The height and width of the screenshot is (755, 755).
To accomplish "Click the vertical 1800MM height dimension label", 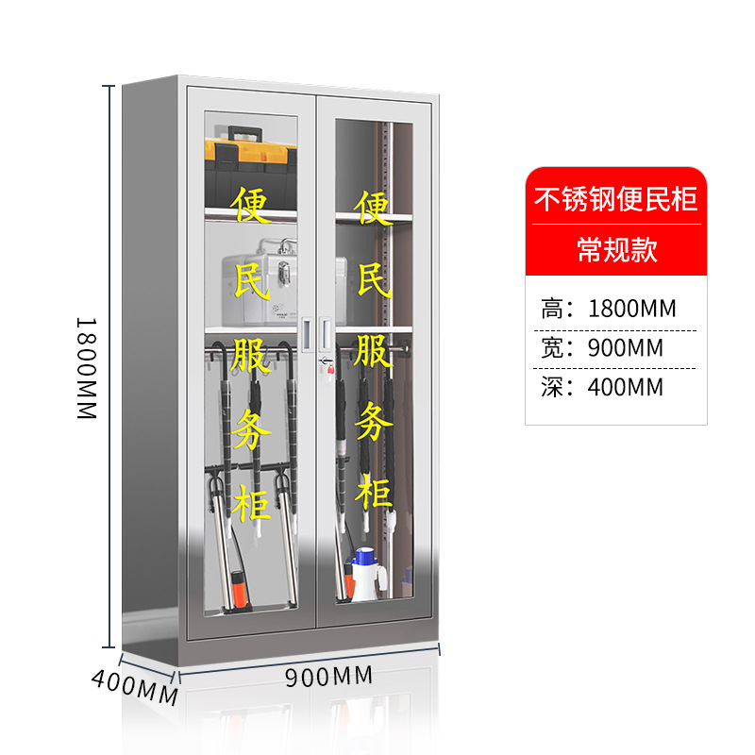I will pos(87,367).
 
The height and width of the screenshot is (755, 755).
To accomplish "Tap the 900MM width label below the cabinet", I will pos(328,676).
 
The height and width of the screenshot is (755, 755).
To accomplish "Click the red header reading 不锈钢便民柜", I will pos(615,200).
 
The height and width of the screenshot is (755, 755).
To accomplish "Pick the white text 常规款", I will pos(616,250).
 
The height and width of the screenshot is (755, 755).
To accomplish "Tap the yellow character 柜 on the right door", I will pos(373,494).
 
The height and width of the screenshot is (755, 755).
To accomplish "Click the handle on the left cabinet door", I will pos(307,329).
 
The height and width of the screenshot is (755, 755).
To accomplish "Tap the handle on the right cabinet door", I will pos(327,329).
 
